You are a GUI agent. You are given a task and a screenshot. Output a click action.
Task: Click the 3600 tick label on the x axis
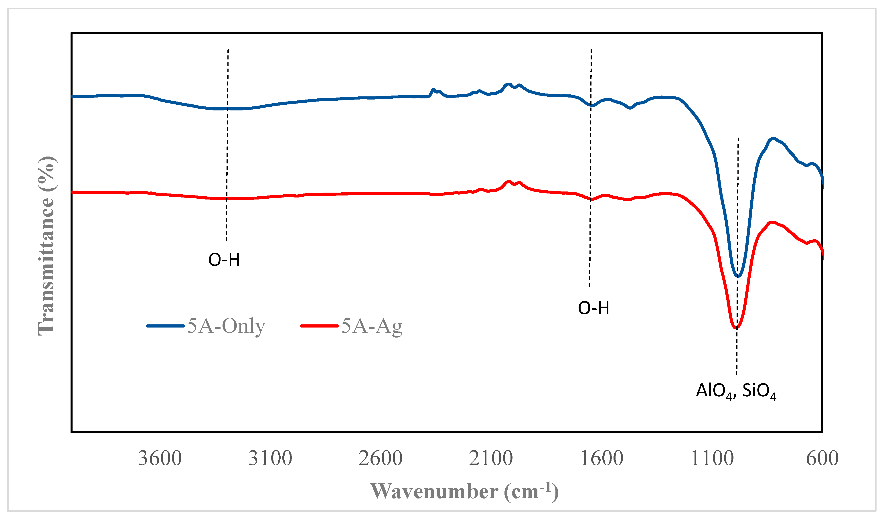pyautogui.click(x=160, y=458)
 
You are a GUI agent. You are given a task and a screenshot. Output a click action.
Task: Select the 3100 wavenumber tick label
pyautogui.click(x=270, y=458)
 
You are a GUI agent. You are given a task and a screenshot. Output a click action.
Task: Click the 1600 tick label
pyautogui.click(x=602, y=458)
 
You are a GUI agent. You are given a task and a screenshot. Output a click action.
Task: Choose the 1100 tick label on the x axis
pyautogui.click(x=712, y=458)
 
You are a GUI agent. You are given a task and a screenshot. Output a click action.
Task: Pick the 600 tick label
pyautogui.click(x=822, y=458)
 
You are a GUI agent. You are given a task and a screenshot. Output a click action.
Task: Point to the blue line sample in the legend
pyautogui.click(x=165, y=326)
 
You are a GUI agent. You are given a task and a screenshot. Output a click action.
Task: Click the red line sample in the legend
pyautogui.click(x=319, y=326)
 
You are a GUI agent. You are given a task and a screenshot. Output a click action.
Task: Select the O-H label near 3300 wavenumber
pyautogui.click(x=224, y=260)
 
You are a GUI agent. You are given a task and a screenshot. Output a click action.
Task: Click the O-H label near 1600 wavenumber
pyautogui.click(x=593, y=308)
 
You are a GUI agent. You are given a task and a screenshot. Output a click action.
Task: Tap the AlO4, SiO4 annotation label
pyautogui.click(x=736, y=391)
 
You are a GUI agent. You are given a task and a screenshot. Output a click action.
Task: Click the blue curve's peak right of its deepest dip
pyautogui.click(x=773, y=138)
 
